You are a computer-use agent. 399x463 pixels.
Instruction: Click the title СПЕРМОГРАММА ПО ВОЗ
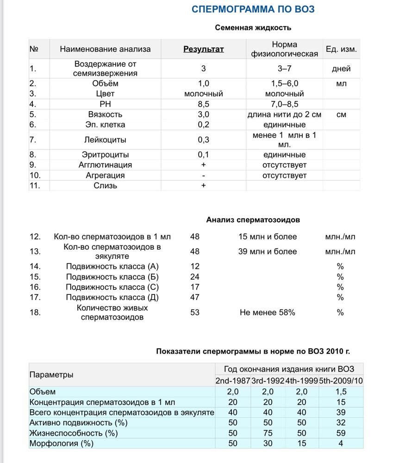pos(254,10)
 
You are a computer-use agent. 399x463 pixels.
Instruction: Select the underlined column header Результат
pos(204,49)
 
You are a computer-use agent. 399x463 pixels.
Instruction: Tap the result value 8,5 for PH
pos(204,104)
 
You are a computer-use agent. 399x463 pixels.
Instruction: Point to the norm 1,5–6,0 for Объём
pos(284,83)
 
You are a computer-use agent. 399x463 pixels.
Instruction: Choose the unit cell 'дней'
pos(341,69)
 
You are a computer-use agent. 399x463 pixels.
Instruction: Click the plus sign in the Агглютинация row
pos(203,165)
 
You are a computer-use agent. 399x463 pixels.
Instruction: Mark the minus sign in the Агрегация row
pos(203,175)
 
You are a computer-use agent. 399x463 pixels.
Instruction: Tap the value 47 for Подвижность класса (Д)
pos(195,297)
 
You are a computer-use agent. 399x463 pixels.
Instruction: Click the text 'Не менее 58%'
pos(267,313)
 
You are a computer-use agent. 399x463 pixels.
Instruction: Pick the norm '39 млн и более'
pos(267,251)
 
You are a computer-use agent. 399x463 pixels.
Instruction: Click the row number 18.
pos(35,313)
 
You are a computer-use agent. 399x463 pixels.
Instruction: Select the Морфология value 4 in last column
pos(341,444)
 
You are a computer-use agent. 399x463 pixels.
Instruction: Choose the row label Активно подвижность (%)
pos(78,422)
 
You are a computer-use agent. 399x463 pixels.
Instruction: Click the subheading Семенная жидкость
pos(253,28)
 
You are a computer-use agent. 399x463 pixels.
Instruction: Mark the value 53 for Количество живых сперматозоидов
pos(195,313)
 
